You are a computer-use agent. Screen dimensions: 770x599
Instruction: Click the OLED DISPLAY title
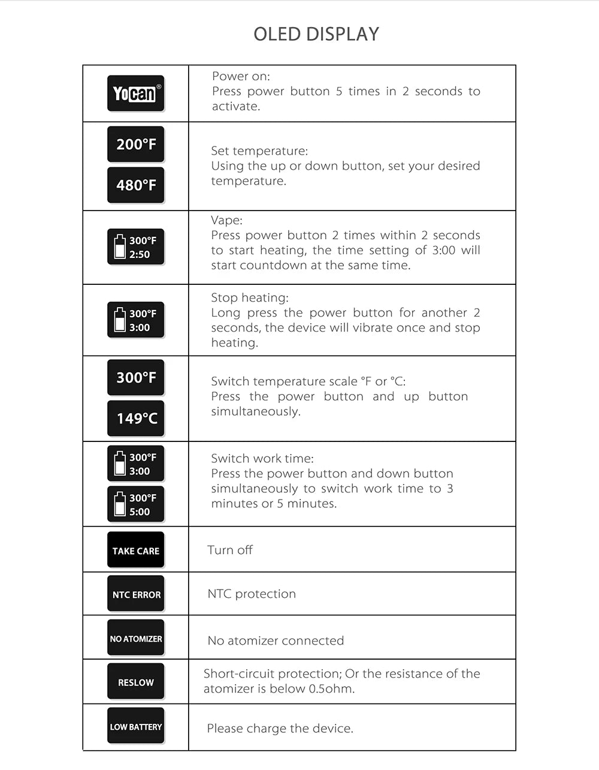pyautogui.click(x=316, y=34)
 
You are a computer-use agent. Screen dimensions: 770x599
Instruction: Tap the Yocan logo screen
pyautogui.click(x=136, y=94)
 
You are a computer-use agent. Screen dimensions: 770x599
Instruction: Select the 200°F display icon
pyautogui.click(x=136, y=144)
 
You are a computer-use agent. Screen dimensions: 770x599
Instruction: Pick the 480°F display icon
pyautogui.click(x=136, y=185)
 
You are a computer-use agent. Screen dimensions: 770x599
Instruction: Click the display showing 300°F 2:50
pyautogui.click(x=136, y=247)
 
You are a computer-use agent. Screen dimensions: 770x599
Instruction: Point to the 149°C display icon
pyautogui.click(x=136, y=418)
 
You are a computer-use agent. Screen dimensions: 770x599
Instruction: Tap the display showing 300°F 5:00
pyautogui.click(x=136, y=504)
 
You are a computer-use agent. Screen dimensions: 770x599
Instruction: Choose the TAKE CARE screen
pyautogui.click(x=136, y=550)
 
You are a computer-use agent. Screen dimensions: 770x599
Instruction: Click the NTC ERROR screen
pyautogui.click(x=136, y=594)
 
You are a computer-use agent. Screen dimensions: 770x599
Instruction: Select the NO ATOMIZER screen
pyautogui.click(x=136, y=638)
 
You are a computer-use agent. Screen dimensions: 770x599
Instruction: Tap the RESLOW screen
pyautogui.click(x=136, y=682)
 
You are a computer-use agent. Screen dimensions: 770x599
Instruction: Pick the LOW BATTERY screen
pyautogui.click(x=136, y=726)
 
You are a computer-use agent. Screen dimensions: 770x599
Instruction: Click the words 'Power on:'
pyautogui.click(x=241, y=76)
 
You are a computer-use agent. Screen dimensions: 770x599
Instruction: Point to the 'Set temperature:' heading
pyautogui.click(x=259, y=151)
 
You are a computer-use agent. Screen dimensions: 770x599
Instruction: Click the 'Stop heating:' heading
pyautogui.click(x=250, y=297)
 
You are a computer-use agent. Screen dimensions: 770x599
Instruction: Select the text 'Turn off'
pyautogui.click(x=230, y=550)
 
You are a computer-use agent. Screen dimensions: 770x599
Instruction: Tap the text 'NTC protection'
pyautogui.click(x=252, y=594)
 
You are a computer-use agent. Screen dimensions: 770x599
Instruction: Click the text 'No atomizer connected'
pyautogui.click(x=276, y=640)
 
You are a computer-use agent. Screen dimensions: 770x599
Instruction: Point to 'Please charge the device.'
pyautogui.click(x=280, y=728)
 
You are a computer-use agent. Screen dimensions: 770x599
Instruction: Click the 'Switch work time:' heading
pyautogui.click(x=262, y=458)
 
